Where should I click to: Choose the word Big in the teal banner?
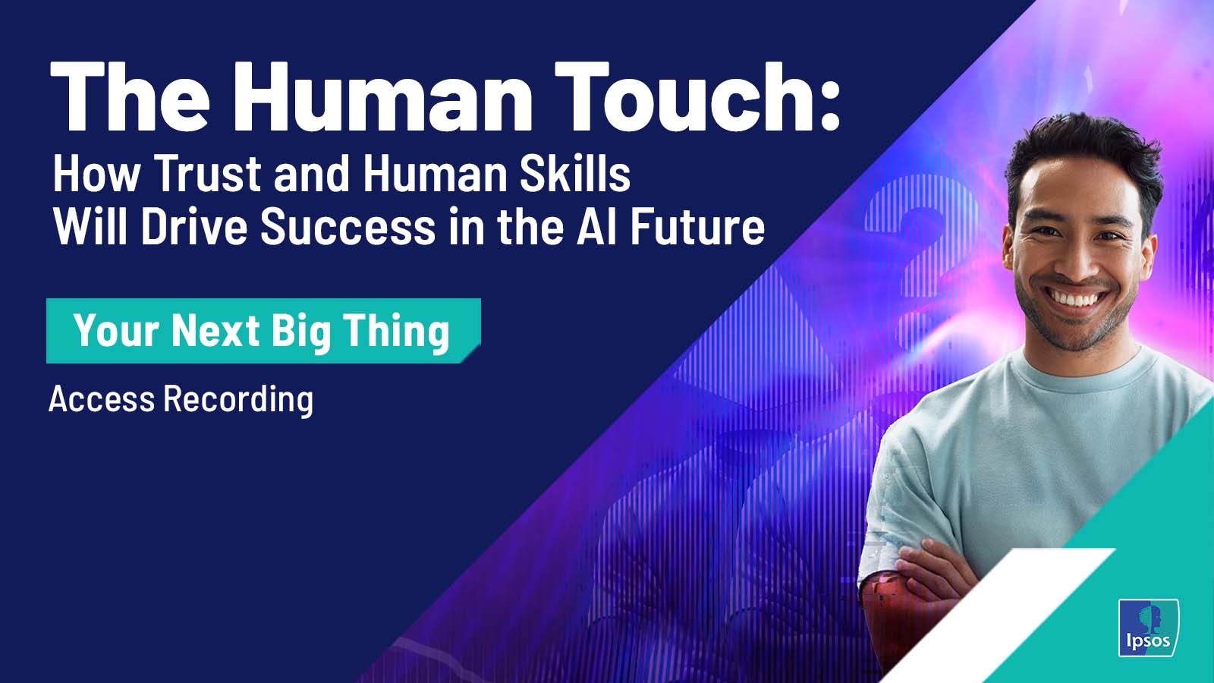pos(301,332)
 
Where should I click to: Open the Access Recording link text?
pos(181,399)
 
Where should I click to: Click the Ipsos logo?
pos(1149,628)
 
